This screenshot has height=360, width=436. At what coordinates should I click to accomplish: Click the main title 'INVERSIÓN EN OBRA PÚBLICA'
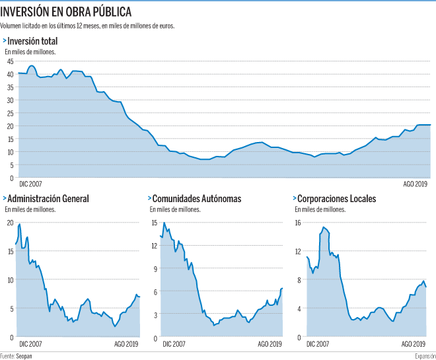[65, 12]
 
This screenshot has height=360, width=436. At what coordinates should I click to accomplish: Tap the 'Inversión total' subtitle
[32, 41]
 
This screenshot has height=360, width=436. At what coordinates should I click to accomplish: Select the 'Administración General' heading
[48, 199]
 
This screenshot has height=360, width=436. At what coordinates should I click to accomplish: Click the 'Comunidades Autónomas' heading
[197, 199]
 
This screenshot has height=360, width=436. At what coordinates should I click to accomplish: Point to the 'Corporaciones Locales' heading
[337, 199]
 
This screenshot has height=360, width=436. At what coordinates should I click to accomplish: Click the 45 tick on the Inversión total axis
[10, 61]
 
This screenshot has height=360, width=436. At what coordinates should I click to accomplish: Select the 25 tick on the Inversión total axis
[10, 113]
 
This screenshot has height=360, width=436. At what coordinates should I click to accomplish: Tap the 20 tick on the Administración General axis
[10, 223]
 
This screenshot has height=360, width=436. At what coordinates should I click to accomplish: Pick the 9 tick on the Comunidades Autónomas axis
[155, 269]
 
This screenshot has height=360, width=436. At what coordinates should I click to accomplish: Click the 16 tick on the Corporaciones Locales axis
[298, 223]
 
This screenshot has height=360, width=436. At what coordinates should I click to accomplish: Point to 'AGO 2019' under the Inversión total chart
[415, 184]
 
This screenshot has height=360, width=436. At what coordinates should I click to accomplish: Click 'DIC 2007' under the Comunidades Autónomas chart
[174, 344]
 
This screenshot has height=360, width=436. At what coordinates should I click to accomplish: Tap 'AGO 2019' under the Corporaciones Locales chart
[413, 344]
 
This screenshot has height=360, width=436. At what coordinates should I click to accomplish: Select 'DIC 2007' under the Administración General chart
[30, 344]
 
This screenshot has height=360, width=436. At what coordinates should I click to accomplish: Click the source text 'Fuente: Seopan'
[16, 356]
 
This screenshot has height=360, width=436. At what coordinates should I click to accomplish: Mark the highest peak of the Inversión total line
[32, 66]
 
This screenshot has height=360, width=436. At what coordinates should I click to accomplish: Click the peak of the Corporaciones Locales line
[323, 227]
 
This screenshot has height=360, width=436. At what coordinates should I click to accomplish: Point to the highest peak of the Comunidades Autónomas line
[164, 223]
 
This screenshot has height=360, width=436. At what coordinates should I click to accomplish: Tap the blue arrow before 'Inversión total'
[5, 41]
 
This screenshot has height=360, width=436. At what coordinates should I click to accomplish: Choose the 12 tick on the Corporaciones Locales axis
[298, 251]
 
